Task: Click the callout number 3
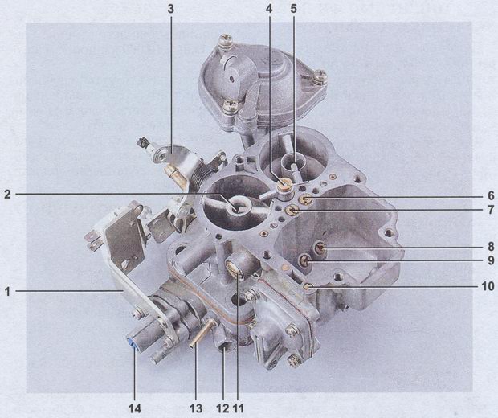(x=171, y=9)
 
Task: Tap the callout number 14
(x=134, y=408)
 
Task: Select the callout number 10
(x=488, y=286)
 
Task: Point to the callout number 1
(x=7, y=292)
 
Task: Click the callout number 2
(x=7, y=195)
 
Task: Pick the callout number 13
(x=196, y=408)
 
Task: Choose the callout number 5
(x=293, y=9)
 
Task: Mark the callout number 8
(x=491, y=246)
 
